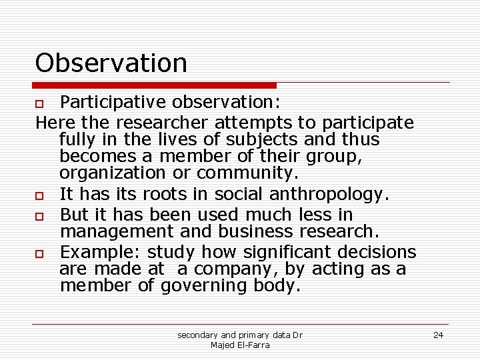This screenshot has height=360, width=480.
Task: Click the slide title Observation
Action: pyautogui.click(x=111, y=63)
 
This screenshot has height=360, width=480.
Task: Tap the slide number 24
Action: pyautogui.click(x=438, y=335)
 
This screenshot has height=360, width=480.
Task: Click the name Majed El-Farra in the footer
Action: pyautogui.click(x=240, y=345)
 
